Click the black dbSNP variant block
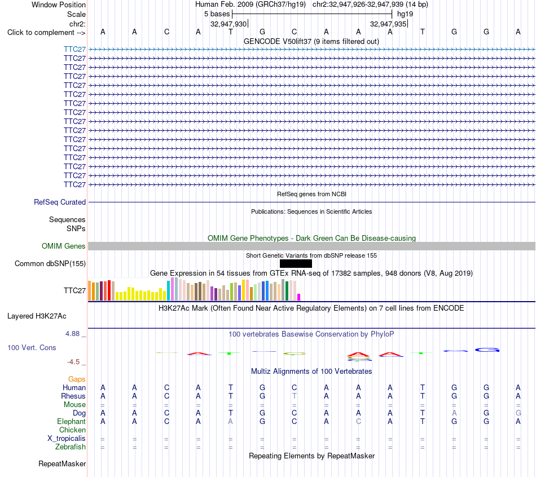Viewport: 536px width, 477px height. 296,263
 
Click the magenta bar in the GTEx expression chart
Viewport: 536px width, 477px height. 299,297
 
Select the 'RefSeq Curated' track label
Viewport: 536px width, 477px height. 60,202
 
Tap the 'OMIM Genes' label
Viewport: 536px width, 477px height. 64,246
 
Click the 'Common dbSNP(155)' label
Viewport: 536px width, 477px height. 50,263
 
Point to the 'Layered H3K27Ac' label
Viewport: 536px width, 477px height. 37,316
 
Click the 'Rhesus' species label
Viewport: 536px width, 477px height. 73,396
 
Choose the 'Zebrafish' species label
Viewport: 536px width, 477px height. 71,447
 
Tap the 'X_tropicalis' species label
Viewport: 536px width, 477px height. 67,439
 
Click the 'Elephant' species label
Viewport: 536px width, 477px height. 71,421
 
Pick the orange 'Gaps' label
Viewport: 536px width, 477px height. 77,379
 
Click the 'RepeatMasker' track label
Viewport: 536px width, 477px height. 62,463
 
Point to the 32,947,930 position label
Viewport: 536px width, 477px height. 229,24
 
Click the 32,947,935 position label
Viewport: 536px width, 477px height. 388,24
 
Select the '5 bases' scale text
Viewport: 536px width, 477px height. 217,14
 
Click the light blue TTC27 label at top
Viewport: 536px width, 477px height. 74,49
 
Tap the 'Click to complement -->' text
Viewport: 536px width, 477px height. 46,33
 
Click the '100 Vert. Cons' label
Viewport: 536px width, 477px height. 32,347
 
